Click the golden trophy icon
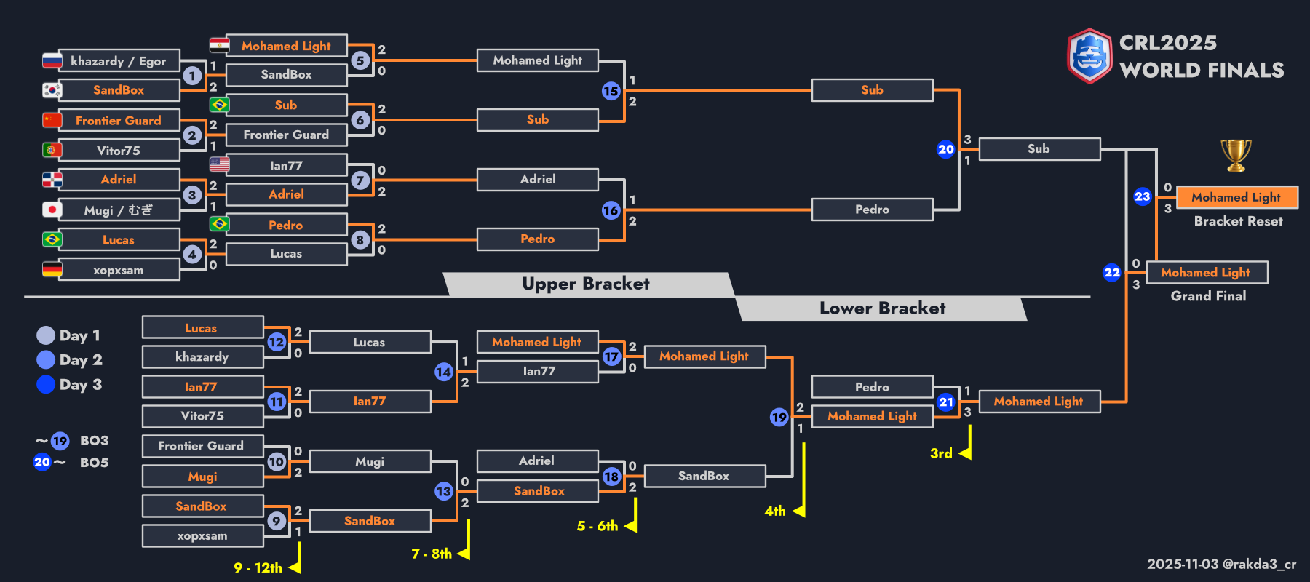coord(1236,155)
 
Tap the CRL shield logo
coord(1089,56)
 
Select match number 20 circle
coord(945,149)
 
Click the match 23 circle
coord(1142,196)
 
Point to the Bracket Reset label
coord(1238,221)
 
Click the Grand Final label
coord(1208,296)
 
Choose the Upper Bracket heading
coord(586,284)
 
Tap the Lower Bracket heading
coord(882,308)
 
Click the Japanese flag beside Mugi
coord(52,210)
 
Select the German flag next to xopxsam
coord(52,269)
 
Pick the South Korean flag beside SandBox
coord(52,90)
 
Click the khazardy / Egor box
coord(119,61)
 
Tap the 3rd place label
coord(941,453)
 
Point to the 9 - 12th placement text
coord(258,567)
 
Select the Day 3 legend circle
coord(46,384)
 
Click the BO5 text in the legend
coord(94,463)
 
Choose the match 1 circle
coord(192,76)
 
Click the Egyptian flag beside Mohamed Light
coord(219,45)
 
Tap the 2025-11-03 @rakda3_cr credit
coord(1221,564)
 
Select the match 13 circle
coord(443,491)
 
